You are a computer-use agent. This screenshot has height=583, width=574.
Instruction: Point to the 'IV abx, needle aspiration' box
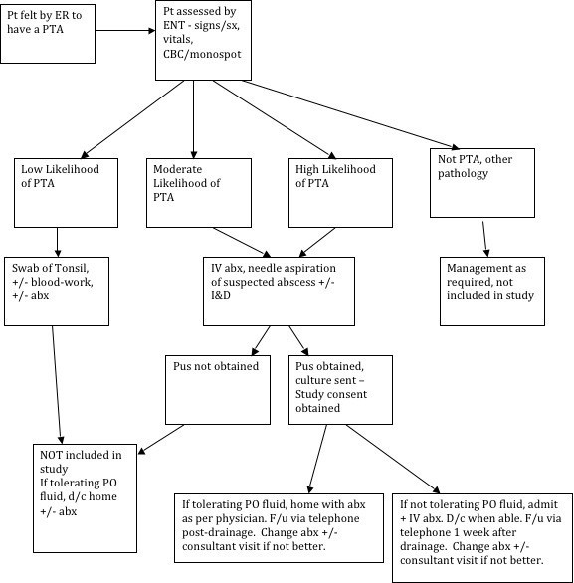pyautogui.click(x=279, y=291)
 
